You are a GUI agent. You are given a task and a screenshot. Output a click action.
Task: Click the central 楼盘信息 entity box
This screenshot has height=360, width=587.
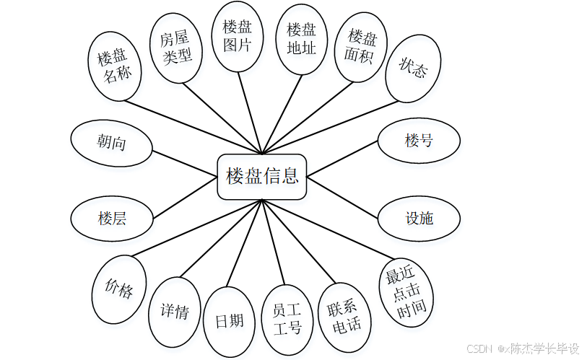pos(262,175)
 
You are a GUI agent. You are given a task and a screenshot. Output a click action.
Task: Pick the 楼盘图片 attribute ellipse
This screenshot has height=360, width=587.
pos(237,36)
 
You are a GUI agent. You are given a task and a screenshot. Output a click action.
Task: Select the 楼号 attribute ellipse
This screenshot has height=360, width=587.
pos(419,140)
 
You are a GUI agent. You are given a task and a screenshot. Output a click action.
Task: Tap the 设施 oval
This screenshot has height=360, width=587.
pos(419,217)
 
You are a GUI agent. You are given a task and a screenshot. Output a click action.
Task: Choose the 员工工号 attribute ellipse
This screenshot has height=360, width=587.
pos(287,320)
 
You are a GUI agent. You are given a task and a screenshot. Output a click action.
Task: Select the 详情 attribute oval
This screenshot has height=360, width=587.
pos(174,311)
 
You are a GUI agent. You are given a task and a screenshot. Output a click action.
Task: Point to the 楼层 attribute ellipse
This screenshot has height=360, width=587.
pos(112,217)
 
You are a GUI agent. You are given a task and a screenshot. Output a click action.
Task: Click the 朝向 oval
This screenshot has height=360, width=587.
pos(112,142)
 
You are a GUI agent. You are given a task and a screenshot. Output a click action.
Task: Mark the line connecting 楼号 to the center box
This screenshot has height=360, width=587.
pos(343,159)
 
